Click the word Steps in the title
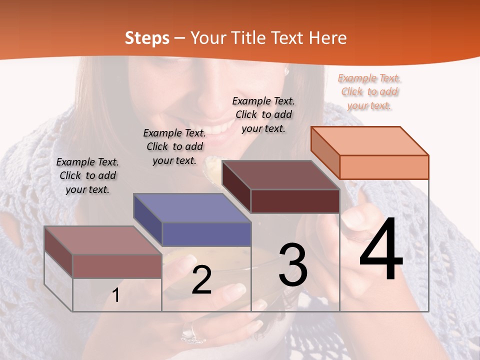click(x=147, y=38)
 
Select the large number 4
click(x=381, y=250)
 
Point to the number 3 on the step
click(x=293, y=265)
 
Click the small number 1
click(x=116, y=295)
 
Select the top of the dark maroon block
click(x=280, y=174)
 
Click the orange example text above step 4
click(x=369, y=91)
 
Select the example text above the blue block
click(x=174, y=146)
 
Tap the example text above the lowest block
click(x=87, y=175)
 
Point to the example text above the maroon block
click(x=263, y=114)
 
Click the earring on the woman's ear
click(x=287, y=71)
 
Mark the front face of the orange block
click(x=384, y=167)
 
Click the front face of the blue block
click(x=206, y=234)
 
